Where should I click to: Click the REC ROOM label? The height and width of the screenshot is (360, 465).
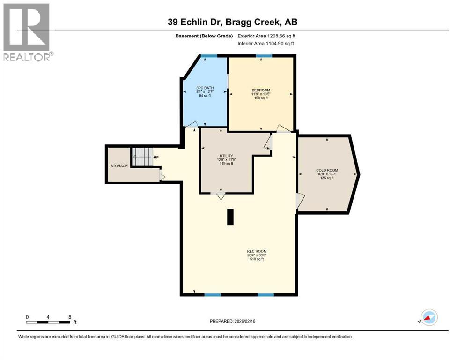coord(257,251)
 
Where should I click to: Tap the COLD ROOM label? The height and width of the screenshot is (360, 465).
coord(327,170)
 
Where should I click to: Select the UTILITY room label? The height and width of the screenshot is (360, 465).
coord(226,156)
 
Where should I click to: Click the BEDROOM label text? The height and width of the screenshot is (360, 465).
coord(260,90)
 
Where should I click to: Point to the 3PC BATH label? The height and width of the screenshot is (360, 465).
coord(204,87)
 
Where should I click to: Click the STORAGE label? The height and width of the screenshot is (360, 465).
coord(119,166)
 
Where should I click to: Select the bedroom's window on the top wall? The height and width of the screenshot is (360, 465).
coord(264,56)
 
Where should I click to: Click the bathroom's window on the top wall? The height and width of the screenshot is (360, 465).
coord(209,56)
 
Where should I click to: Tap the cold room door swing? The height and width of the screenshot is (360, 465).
coord(300,202)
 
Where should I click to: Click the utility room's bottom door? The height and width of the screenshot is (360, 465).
coord(220,196)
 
